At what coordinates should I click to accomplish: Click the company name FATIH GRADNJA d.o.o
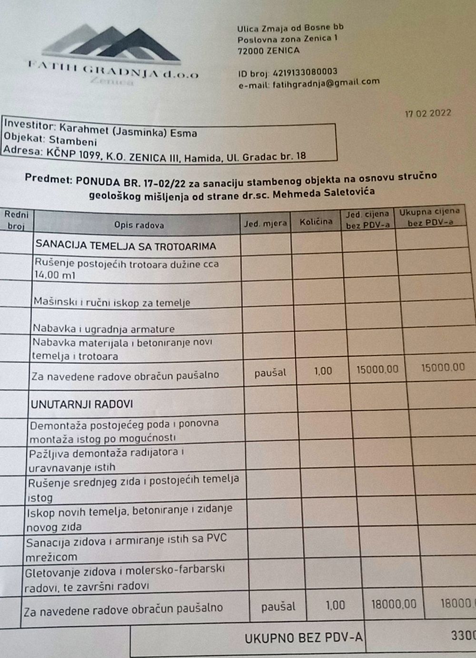[113, 71]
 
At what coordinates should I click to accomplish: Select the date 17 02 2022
[427, 114]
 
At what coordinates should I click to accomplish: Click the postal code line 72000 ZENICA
[268, 51]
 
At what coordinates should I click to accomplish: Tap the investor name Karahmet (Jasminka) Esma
[128, 131]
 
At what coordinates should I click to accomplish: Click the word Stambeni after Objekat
[73, 142]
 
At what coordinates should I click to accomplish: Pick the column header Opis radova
[139, 225]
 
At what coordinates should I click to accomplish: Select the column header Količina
[316, 222]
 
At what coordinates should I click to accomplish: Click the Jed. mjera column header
[266, 223]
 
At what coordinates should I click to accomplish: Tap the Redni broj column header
[16, 220]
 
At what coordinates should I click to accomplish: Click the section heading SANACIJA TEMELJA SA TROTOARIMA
[126, 246]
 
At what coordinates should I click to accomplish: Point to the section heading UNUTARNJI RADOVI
[82, 405]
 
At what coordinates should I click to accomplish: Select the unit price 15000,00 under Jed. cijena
[377, 369]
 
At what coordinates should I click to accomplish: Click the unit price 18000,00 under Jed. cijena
[393, 605]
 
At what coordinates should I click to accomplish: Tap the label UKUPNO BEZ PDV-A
[303, 638]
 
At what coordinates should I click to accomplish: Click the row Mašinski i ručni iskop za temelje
[112, 302]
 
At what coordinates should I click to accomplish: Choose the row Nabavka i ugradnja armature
[104, 329]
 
